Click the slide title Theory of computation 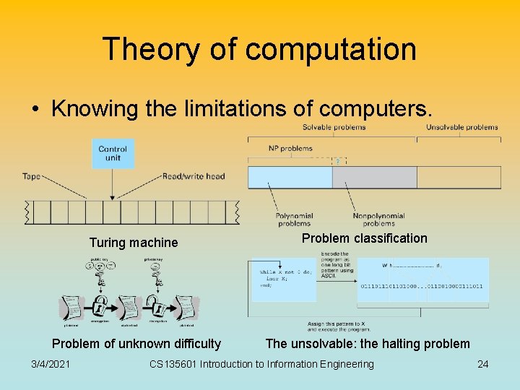[259, 49]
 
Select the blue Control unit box [113, 154]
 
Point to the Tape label [31, 176]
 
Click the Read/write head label [194, 176]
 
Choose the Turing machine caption [133, 243]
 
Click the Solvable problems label [334, 127]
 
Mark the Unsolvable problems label [461, 127]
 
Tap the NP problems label [290, 149]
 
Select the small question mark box [336, 161]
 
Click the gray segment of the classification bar [374, 178]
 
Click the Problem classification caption [364, 238]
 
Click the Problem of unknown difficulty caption [136, 344]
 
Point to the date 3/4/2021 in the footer [51, 364]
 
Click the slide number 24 [482, 364]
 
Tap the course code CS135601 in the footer [173, 364]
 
